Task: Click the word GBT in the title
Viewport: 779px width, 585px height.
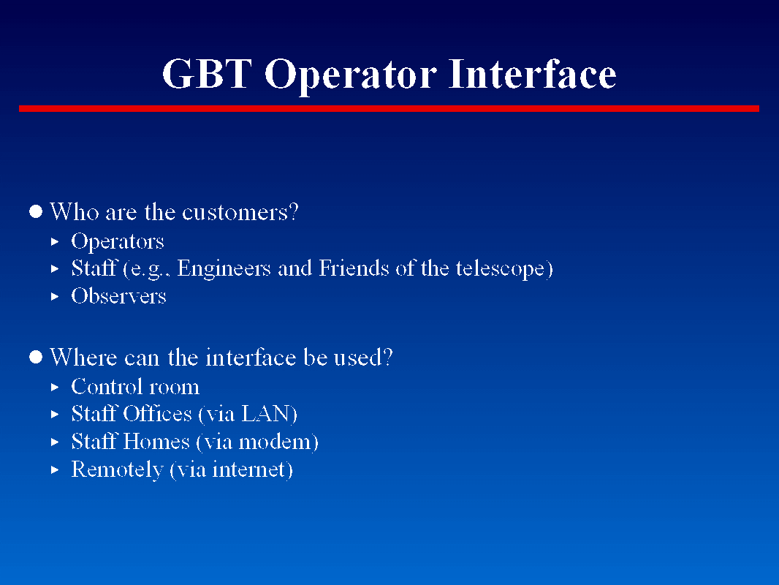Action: (x=207, y=74)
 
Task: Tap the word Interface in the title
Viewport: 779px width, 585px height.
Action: (x=533, y=74)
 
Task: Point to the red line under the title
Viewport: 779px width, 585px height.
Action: (x=389, y=109)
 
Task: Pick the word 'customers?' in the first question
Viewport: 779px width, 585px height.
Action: (x=240, y=213)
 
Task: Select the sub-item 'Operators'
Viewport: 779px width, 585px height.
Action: (x=117, y=242)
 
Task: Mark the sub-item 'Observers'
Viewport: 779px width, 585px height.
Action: (x=118, y=297)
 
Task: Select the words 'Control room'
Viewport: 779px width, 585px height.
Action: (x=135, y=387)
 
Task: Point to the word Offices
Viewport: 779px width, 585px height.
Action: (x=157, y=414)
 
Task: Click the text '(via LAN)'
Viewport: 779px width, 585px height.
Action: (x=248, y=415)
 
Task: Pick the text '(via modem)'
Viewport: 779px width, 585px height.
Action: (x=257, y=442)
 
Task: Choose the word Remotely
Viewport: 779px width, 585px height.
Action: (x=117, y=469)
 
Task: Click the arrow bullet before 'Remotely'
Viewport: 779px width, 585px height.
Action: (x=54, y=469)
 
